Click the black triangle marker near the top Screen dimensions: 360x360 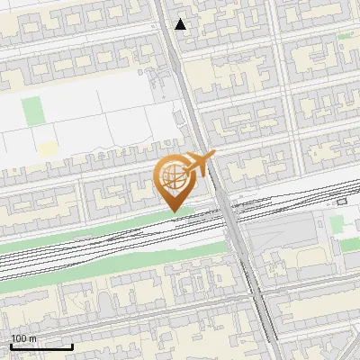(x=181, y=24)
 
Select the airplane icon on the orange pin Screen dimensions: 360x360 (x=198, y=164)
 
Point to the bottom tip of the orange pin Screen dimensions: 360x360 (x=173, y=212)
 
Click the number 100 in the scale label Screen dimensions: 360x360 (x=19, y=338)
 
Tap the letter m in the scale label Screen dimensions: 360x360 (x=33, y=338)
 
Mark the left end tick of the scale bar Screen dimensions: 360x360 (x=11, y=346)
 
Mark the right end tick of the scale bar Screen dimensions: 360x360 (x=72, y=346)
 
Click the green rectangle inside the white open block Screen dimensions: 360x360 (x=33, y=112)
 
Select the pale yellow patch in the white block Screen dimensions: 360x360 (x=47, y=148)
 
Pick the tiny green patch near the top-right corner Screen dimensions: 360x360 (x=345, y=36)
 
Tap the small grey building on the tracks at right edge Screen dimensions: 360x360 (x=341, y=202)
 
